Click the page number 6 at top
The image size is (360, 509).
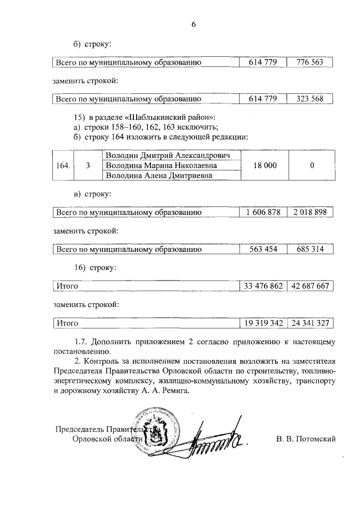pos(193,25)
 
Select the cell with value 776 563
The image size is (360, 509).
pos(309,62)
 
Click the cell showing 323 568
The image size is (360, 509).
pos(309,100)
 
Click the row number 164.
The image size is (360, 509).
pos(64,166)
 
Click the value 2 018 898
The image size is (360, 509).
pos(309,213)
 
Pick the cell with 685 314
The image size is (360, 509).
pos(309,250)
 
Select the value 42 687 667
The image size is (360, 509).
pos(309,286)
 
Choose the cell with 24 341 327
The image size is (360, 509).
pos(309,323)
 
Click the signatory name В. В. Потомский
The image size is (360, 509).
pos(306,439)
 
